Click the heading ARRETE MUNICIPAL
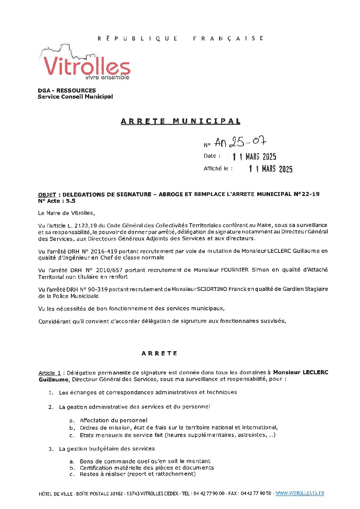[180, 121]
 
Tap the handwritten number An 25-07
[240, 142]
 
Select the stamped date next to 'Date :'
[254, 157]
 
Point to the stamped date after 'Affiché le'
[271, 169]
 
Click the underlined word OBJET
[47, 195]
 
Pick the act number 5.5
[70, 201]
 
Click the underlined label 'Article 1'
[50, 373]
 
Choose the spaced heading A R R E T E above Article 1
[159, 354]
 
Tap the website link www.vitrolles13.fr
[299, 493]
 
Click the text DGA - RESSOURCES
[67, 91]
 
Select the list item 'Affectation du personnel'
[114, 421]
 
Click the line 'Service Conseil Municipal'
[75, 97]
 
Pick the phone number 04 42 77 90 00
[209, 493]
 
